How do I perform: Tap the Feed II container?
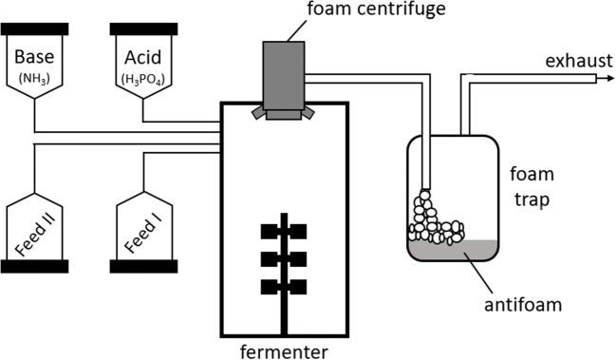pos(34,228)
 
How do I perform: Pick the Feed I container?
pos(143,228)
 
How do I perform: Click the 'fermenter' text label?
pos(284,351)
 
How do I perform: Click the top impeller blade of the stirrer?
pos(284,231)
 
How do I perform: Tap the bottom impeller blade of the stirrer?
pos(284,286)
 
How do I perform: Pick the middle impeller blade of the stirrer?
pos(284,258)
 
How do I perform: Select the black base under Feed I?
pos(143,265)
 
